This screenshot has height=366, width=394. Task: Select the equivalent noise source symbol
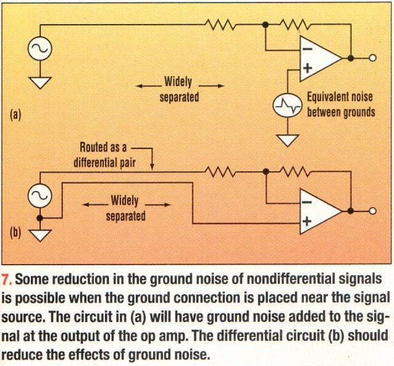(288, 106)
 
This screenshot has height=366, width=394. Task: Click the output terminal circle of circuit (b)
(372, 211)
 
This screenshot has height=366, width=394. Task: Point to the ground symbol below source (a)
(40, 82)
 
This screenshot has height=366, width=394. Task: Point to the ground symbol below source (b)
(40, 234)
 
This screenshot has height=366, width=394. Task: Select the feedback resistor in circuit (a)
(296, 25)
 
